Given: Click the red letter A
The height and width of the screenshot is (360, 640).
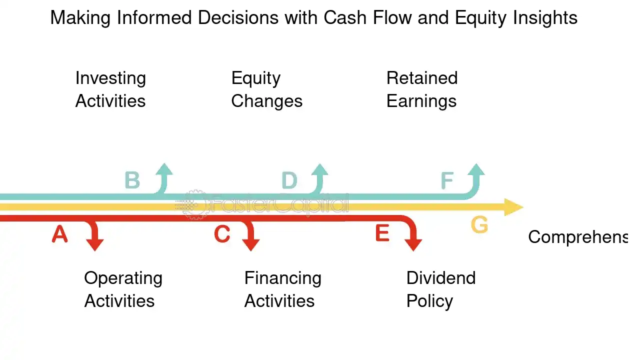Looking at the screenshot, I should [x=59, y=234].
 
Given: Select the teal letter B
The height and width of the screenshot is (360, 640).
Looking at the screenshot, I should [x=132, y=180].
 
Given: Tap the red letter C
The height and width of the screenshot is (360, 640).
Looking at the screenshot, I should [x=222, y=234].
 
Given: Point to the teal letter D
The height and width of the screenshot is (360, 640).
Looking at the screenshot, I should [x=289, y=180].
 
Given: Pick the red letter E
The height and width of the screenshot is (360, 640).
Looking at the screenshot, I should [x=382, y=233].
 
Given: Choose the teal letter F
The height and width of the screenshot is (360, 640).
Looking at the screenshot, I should [x=447, y=180].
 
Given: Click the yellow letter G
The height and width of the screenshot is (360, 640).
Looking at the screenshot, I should [x=479, y=225].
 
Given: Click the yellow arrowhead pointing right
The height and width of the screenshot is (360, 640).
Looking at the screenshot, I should [x=513, y=207].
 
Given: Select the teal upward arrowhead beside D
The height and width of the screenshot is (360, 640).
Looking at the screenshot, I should [x=320, y=169].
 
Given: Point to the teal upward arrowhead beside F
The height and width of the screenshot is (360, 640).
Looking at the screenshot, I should [x=476, y=169].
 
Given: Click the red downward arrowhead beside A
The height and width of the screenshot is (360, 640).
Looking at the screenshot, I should [x=95, y=244].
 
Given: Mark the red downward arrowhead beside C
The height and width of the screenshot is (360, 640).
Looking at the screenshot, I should [x=251, y=244].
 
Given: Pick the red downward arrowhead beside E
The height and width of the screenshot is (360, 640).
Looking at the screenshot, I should [x=413, y=244].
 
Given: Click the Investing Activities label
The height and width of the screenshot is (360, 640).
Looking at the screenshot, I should [x=110, y=89].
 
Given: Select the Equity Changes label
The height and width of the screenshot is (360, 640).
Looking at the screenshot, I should [x=266, y=89].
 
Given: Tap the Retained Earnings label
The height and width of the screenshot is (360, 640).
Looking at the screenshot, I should [x=422, y=89].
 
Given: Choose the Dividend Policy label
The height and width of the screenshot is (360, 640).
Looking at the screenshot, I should [x=440, y=289].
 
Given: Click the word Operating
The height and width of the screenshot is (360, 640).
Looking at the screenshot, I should [x=123, y=278].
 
